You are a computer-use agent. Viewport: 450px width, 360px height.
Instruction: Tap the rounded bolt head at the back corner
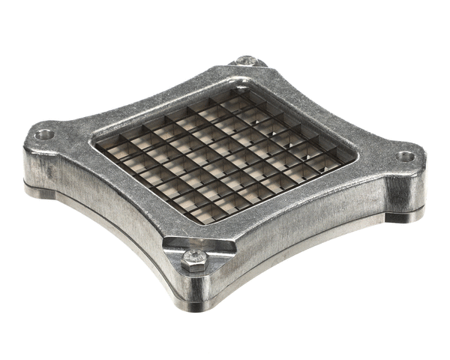(x=245, y=60)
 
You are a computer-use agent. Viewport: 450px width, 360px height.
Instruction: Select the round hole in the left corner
(x=44, y=135)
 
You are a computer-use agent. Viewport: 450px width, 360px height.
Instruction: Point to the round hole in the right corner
(x=405, y=157)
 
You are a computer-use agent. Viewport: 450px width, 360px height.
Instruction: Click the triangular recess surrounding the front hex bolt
(x=196, y=251)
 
